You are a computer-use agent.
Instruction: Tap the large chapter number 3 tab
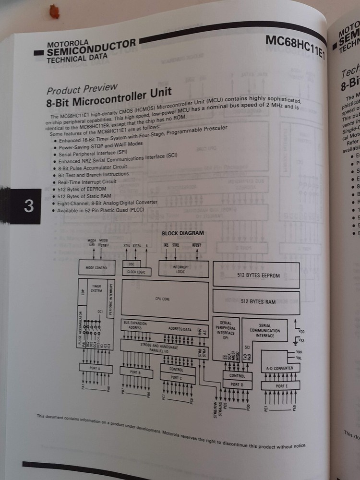click(28, 206)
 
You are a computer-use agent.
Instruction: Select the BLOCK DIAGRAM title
click(182, 233)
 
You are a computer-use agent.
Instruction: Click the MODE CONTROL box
click(96, 267)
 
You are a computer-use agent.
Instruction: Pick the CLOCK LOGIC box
click(137, 272)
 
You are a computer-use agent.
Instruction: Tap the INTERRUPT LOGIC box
click(183, 269)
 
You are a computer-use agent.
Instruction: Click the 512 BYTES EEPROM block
click(258, 275)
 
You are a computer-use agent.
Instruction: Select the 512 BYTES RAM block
click(258, 301)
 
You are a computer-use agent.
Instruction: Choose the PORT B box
click(136, 372)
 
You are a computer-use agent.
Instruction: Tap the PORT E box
click(280, 385)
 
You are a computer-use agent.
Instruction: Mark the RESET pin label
click(197, 245)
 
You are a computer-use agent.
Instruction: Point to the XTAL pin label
click(127, 245)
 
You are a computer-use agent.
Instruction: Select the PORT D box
click(237, 384)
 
